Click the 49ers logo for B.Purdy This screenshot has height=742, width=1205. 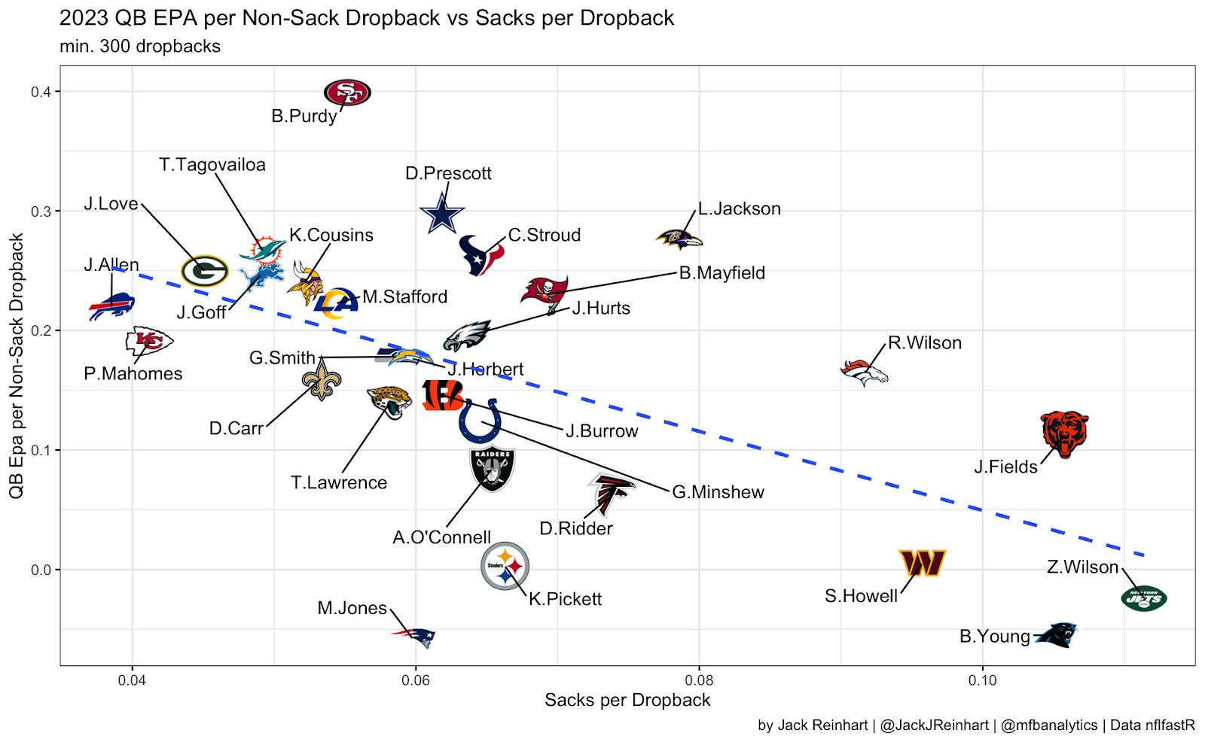(x=347, y=93)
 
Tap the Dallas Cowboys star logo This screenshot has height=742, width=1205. (x=442, y=213)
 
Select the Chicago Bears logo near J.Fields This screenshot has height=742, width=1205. (x=1064, y=433)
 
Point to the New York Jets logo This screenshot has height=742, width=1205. (x=1143, y=599)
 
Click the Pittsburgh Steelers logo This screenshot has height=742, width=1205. (x=505, y=565)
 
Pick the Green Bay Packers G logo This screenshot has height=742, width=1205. (x=204, y=271)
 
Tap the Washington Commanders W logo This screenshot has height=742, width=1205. (x=922, y=563)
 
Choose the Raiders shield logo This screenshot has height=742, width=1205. (x=492, y=468)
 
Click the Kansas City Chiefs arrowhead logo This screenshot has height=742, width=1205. (x=149, y=341)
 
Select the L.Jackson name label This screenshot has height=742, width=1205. (x=739, y=209)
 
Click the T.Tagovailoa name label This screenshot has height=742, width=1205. (x=212, y=165)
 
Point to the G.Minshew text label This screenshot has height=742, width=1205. (x=718, y=492)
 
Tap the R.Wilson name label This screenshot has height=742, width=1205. (x=924, y=343)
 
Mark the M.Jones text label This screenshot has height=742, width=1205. (x=352, y=608)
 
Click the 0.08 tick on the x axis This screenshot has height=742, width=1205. (x=699, y=680)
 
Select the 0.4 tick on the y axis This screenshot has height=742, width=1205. (x=41, y=92)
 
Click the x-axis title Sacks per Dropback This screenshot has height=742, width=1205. (x=627, y=701)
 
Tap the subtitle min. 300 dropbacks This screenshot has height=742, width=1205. (x=140, y=47)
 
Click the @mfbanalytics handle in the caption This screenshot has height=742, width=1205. (x=1049, y=725)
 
